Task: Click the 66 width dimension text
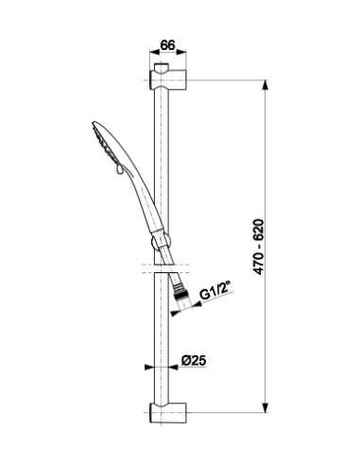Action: coord(167,45)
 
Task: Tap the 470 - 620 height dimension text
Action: coord(259,247)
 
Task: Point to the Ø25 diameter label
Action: coord(194,360)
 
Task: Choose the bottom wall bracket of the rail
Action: coord(168,413)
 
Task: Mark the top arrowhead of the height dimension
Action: coord(266,85)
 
